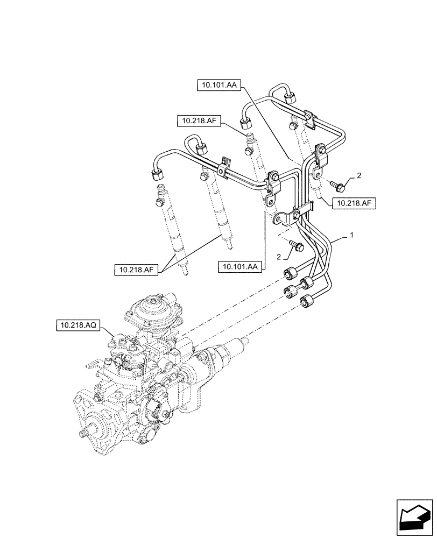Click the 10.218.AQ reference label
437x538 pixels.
[x=79, y=325]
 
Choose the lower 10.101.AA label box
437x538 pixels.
[x=241, y=266]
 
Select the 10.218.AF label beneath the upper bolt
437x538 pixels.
[x=354, y=203]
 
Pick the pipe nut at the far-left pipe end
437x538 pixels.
[x=157, y=174]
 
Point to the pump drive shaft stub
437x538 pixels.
[x=84, y=433]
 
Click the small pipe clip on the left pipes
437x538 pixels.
[x=225, y=164]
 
